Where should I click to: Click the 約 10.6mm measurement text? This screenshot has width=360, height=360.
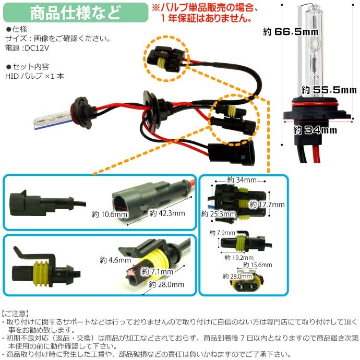(110, 214)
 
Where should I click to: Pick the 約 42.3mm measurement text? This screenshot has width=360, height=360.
(167, 213)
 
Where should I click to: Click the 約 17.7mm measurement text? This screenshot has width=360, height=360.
(267, 204)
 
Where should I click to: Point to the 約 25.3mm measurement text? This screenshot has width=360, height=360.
(216, 214)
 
